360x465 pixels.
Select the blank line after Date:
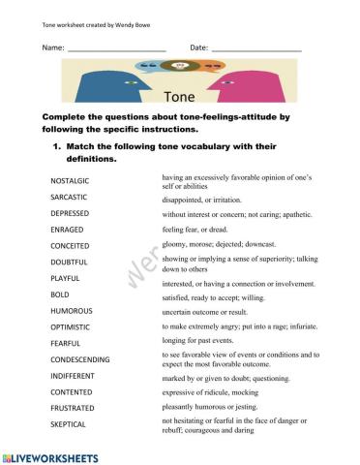tap(256, 47)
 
